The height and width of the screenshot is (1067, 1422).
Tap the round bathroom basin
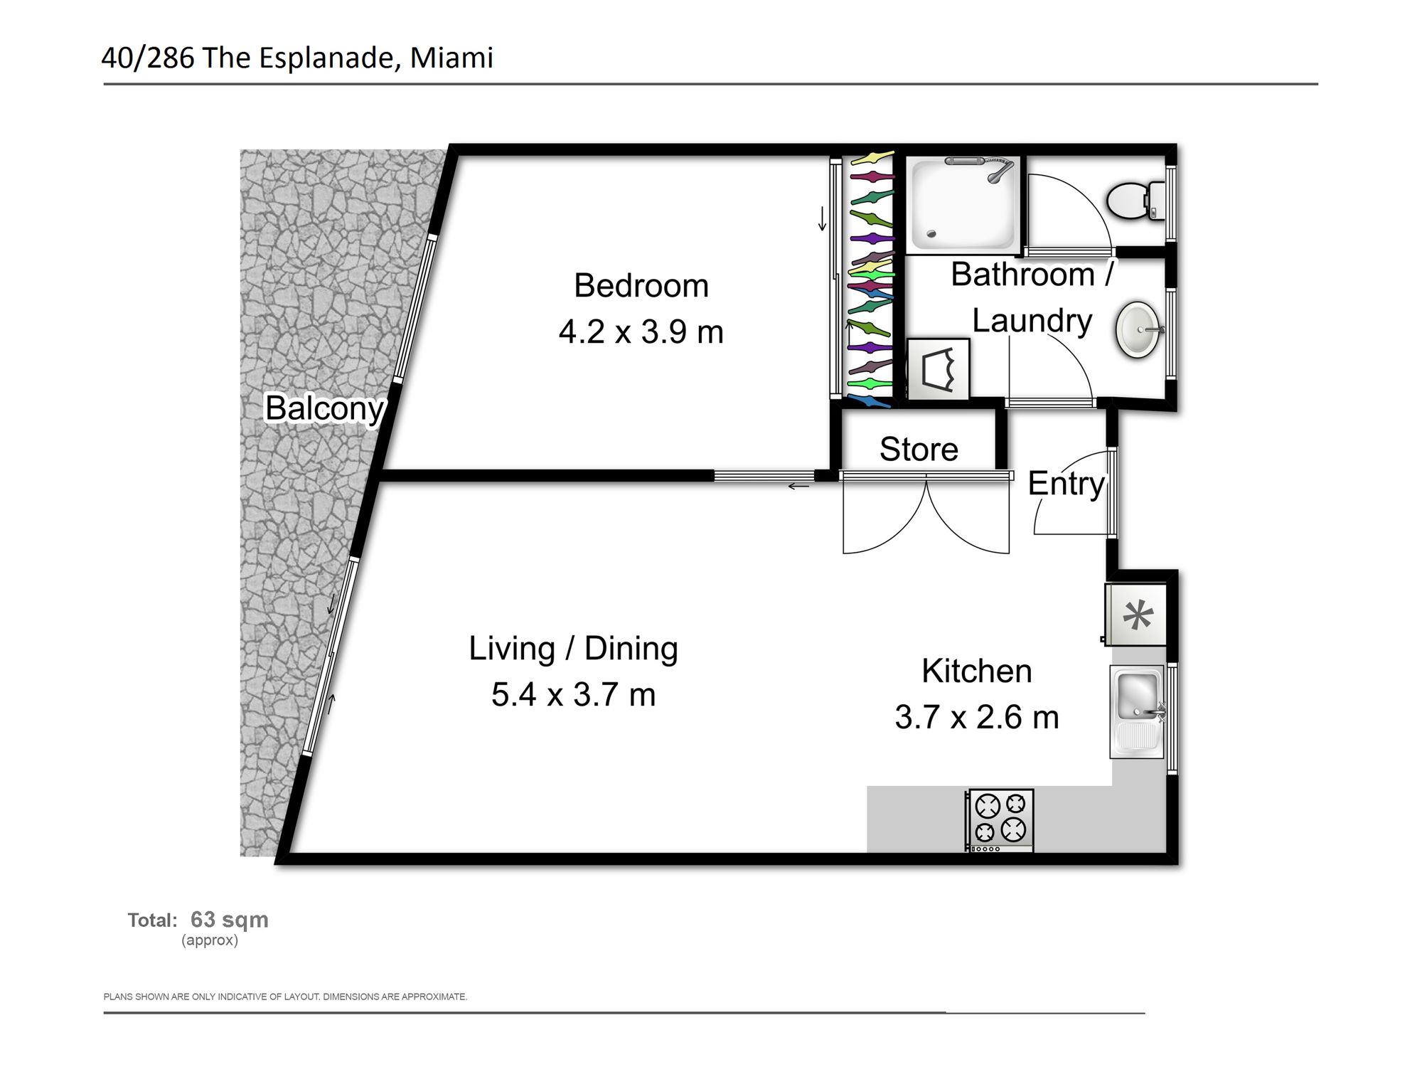coord(1140,330)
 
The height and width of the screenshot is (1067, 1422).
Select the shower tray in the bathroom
coord(963,204)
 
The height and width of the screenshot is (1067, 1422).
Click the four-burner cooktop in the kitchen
coord(999,820)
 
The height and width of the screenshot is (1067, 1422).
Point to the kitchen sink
coord(1137,712)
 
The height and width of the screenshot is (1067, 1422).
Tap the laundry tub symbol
coord(938,368)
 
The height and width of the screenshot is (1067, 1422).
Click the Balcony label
coord(324,408)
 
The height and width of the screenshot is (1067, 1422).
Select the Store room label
coord(919,450)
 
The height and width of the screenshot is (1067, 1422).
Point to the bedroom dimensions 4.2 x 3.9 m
coord(641,332)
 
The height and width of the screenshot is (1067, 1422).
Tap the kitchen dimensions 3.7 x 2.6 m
coord(977,717)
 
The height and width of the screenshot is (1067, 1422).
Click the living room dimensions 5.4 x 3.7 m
coord(573,694)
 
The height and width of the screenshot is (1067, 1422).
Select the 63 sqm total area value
coord(230,919)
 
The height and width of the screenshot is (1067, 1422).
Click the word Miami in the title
coord(451,58)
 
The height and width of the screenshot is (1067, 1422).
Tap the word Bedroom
coord(641,286)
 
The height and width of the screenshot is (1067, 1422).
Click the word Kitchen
coord(977,671)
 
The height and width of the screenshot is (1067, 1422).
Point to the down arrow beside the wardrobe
coord(822,218)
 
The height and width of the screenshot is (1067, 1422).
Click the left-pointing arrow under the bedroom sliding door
coord(798,487)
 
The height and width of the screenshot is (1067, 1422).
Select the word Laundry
coord(1032,322)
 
